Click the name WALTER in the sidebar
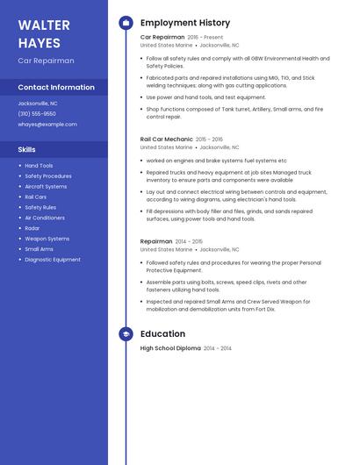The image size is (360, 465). pos(43,25)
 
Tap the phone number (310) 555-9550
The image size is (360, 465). pos(37,114)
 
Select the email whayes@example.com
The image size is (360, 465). pos(47,125)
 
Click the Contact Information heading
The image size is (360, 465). pos(56,88)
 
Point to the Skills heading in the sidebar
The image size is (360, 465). pos(27,150)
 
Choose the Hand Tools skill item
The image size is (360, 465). pos(39,166)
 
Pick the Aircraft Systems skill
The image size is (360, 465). pos(46,187)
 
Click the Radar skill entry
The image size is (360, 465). pos(32,228)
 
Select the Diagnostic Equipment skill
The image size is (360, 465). pos(53,260)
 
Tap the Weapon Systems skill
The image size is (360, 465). pos(47,239)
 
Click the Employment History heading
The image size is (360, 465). pos(185,23)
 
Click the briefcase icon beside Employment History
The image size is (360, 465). pos(126,23)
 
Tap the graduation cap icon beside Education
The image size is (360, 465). pos(126,334)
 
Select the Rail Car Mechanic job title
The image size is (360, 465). pos(166,139)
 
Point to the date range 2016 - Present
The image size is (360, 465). pos(205,38)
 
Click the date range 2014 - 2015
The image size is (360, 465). pos(189,241)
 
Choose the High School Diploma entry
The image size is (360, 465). pos(170,348)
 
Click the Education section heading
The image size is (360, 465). pos(162,334)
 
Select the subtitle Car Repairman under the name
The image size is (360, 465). pos(46,61)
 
